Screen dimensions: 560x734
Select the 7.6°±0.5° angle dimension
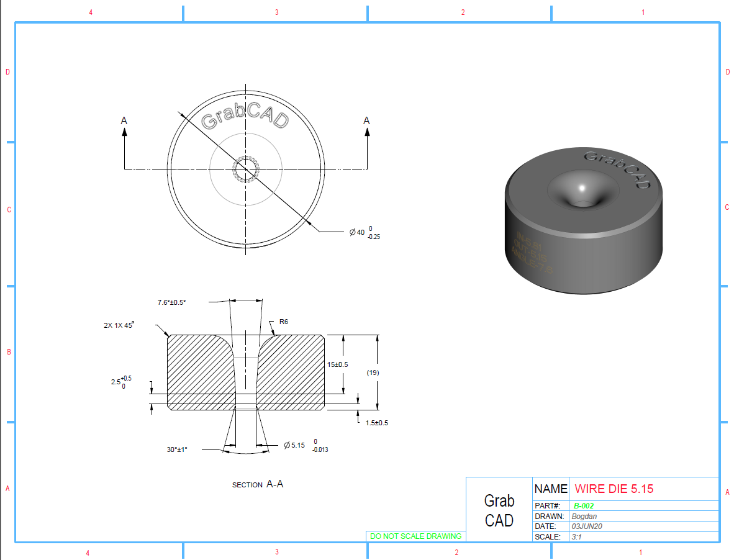coord(171,302)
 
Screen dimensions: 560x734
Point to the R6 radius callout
coord(284,322)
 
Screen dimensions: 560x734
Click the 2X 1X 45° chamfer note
coord(119,325)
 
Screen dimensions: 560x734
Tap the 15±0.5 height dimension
coord(338,364)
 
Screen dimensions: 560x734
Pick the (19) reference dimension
coord(373,373)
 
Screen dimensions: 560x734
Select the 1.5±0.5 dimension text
coord(377,423)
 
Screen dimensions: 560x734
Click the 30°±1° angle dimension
coord(177,449)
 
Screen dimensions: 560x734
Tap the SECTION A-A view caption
coord(258,484)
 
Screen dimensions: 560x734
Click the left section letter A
coord(124,120)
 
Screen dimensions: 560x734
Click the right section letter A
coord(366,120)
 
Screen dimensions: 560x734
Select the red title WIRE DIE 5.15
coord(614,489)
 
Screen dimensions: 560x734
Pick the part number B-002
coord(584,506)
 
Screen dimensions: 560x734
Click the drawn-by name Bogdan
coord(584,517)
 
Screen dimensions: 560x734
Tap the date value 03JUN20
coord(587,526)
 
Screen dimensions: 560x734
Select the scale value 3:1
coord(578,537)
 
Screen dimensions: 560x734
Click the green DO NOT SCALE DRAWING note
coord(415,536)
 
